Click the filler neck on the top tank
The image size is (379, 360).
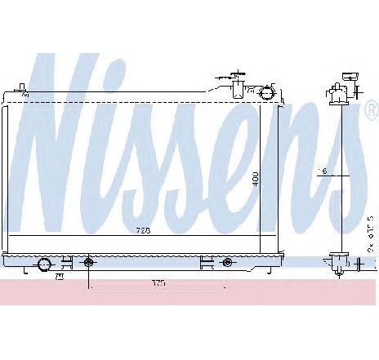(x=239, y=87)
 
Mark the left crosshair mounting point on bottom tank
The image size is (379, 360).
(x=88, y=263)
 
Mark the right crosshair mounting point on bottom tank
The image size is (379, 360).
(x=226, y=263)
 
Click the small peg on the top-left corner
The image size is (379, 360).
(x=23, y=87)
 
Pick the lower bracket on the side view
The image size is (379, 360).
(x=337, y=262)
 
